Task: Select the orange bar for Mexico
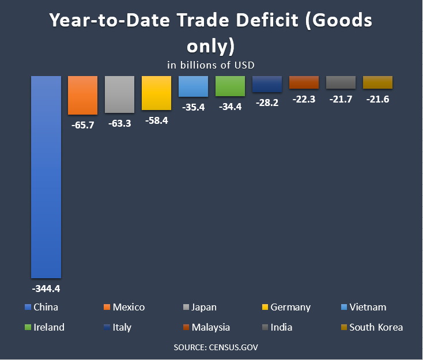click(x=82, y=95)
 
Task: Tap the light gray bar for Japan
click(x=119, y=94)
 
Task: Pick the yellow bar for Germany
click(x=156, y=93)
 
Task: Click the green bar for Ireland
click(x=230, y=86)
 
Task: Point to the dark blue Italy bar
click(x=267, y=84)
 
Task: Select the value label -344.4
click(x=46, y=287)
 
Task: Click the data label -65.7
click(x=82, y=124)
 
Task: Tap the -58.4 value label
click(x=156, y=121)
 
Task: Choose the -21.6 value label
click(x=377, y=99)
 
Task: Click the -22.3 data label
click(x=304, y=99)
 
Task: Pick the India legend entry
click(x=281, y=327)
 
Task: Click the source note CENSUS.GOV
click(x=211, y=348)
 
